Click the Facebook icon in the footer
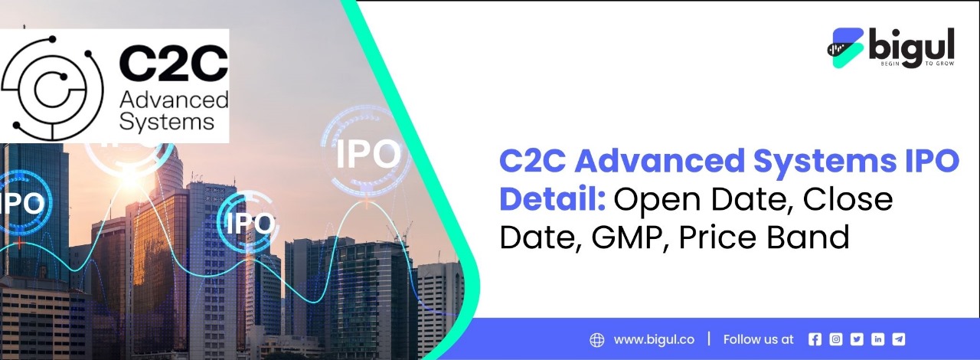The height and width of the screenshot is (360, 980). [815, 339]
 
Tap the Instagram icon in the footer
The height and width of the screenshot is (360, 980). [836, 339]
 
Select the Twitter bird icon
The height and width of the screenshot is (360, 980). [857, 339]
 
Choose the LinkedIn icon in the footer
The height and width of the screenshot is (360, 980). [877, 339]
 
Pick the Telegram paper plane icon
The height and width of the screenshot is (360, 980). [898, 339]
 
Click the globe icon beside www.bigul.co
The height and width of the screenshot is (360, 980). [597, 339]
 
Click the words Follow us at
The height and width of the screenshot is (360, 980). [758, 339]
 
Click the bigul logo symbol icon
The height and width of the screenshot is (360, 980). [845, 47]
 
